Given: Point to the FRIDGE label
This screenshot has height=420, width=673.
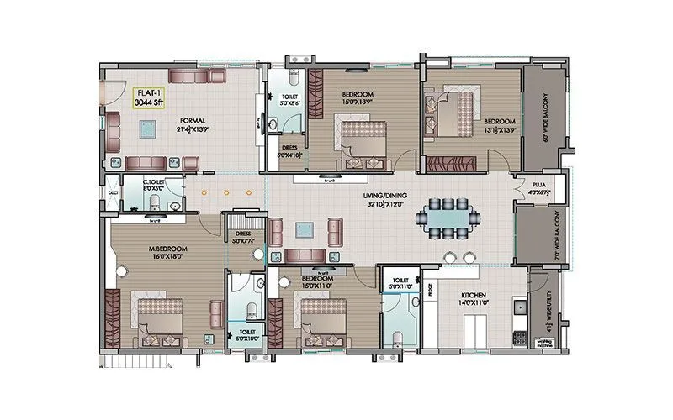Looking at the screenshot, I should coord(429,291).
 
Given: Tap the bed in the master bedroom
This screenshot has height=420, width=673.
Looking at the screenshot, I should coord(158,320).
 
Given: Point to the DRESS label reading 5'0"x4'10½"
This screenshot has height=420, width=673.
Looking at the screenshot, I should coord(289,150).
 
